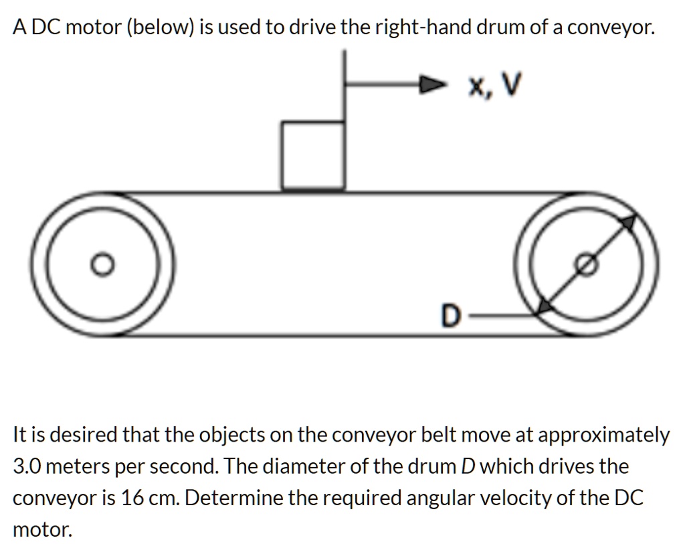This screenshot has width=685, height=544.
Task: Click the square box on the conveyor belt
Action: (x=313, y=155)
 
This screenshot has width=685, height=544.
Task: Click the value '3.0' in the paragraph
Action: (x=27, y=466)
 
